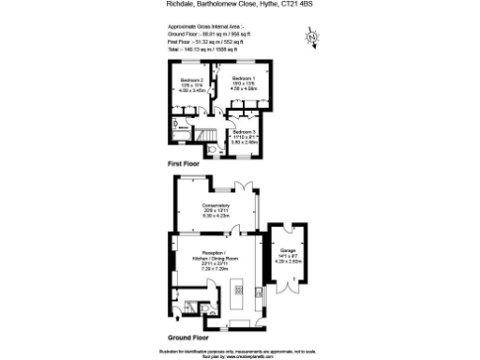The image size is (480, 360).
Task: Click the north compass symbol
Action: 313,38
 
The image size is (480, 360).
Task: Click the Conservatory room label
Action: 216,209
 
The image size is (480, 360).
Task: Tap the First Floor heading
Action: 186,165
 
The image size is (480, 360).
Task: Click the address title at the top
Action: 239,6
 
